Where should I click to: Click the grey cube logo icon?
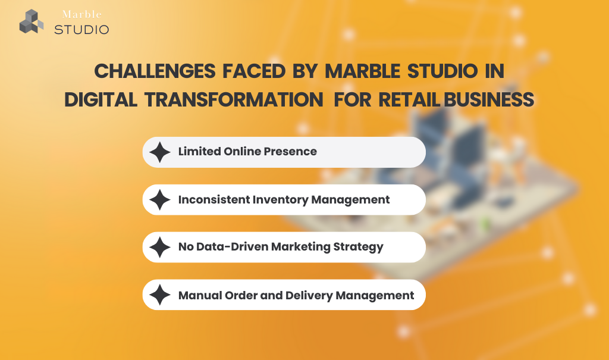pos(32,21)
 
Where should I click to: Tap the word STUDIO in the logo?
pos(81,29)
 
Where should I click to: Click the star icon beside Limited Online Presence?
pos(160,152)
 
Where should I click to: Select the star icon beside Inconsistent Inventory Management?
pos(160,200)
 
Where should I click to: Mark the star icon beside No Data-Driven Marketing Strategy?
pos(160,248)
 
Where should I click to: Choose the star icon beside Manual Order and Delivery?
pos(160,295)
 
